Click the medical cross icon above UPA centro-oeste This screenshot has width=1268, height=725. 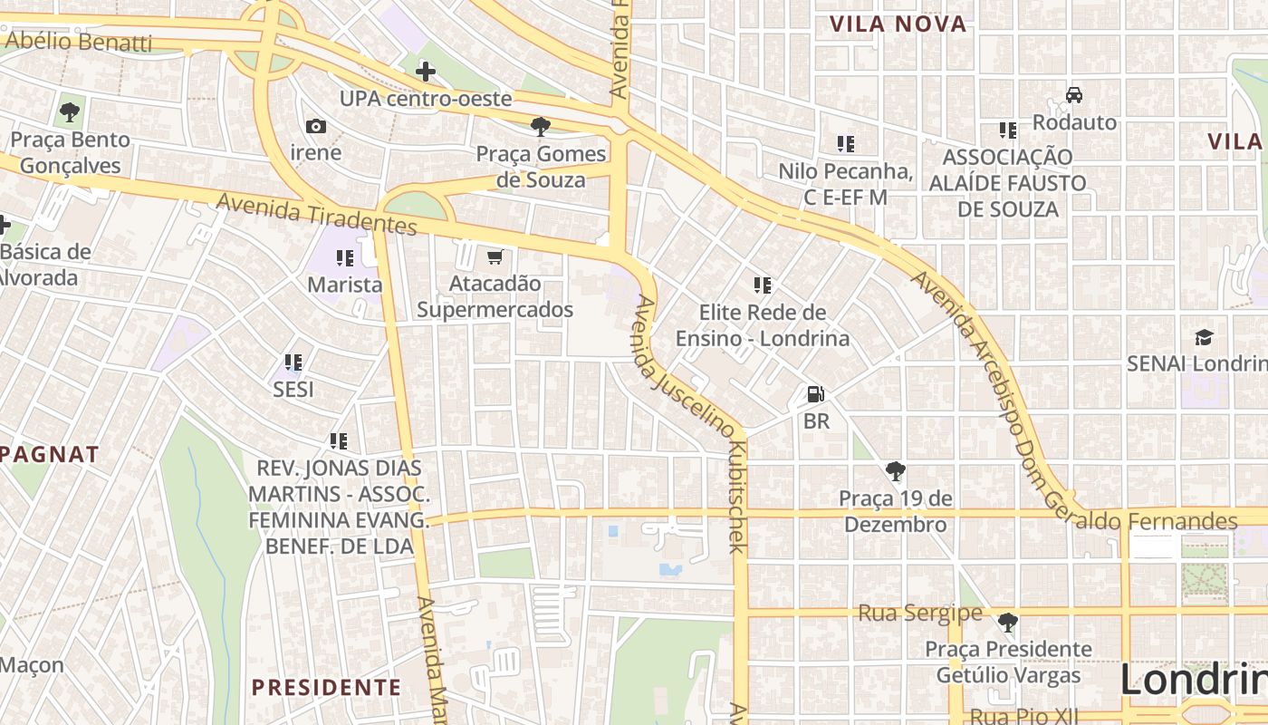point(425,71)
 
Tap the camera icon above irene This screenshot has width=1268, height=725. point(315,126)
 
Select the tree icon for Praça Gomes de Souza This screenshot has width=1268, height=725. point(541,126)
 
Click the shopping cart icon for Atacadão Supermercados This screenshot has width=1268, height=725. point(495,257)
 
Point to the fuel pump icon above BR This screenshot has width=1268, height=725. point(815,394)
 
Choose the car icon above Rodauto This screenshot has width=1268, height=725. point(1074,94)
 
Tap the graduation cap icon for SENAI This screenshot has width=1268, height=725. point(1203,337)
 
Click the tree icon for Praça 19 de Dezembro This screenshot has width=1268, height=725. point(896,471)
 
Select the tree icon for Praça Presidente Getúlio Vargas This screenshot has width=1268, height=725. point(1007,623)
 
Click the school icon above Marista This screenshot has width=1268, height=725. point(344,258)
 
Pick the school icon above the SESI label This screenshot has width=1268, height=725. point(293,362)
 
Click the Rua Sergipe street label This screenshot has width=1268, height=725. point(919,614)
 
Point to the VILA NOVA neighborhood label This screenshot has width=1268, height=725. point(898,24)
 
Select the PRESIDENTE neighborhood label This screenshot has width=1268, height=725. point(326,687)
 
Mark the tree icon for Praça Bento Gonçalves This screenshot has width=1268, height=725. point(69,112)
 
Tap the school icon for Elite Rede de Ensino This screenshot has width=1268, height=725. point(763,285)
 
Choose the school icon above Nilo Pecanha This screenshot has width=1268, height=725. point(846,143)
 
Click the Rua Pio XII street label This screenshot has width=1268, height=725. point(1022,716)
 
